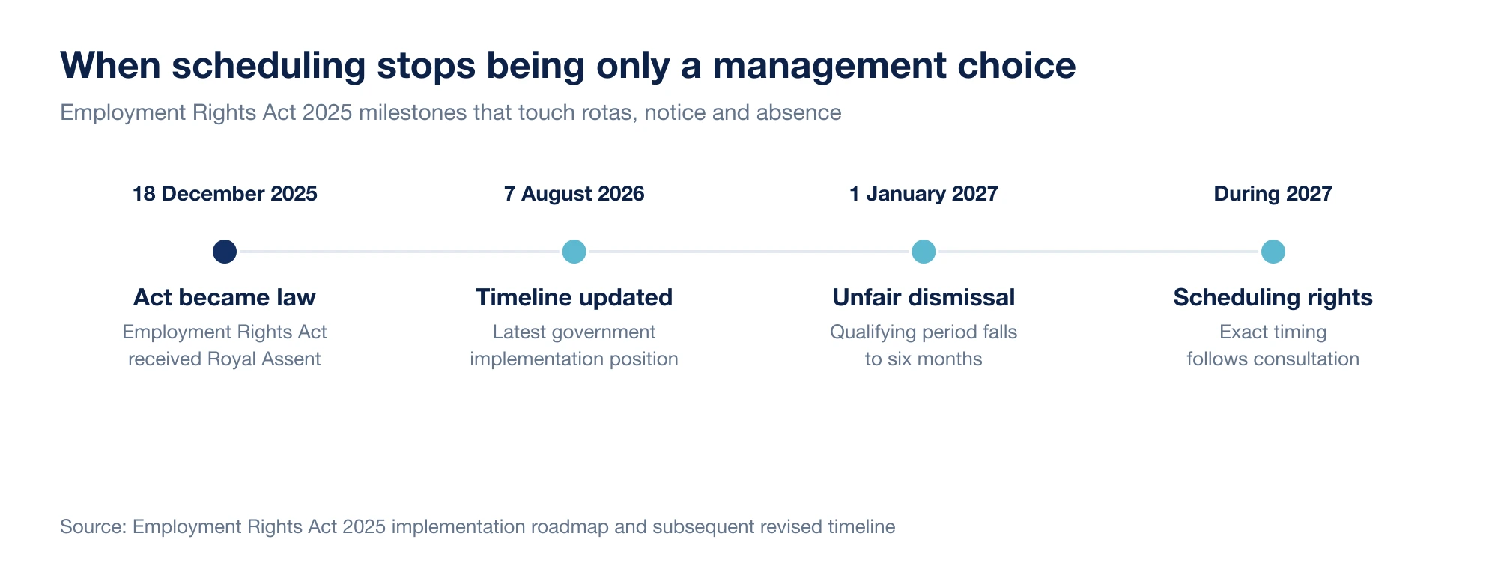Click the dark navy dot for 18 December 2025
pyautogui.click(x=225, y=252)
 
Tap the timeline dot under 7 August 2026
pyautogui.click(x=574, y=252)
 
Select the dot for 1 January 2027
pyautogui.click(x=924, y=252)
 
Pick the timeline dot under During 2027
pyautogui.click(x=1273, y=252)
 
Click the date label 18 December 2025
pyautogui.click(x=225, y=194)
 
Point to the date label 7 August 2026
pyautogui.click(x=574, y=194)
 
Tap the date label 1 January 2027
pyautogui.click(x=924, y=194)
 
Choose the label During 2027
pyautogui.click(x=1273, y=194)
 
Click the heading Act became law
pyautogui.click(x=225, y=297)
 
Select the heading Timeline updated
pyautogui.click(x=574, y=297)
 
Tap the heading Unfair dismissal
pyautogui.click(x=924, y=297)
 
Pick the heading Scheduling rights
pyautogui.click(x=1273, y=297)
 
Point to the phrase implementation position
pyautogui.click(x=574, y=359)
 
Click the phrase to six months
pyautogui.click(x=924, y=359)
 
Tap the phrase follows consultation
pyautogui.click(x=1273, y=359)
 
